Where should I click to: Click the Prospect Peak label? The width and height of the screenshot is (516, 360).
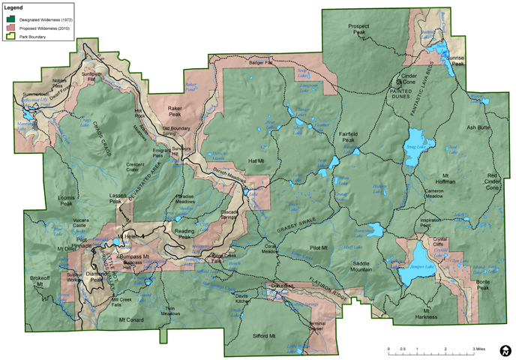(x=359, y=29)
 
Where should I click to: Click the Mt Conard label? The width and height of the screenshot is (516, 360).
(x=130, y=319)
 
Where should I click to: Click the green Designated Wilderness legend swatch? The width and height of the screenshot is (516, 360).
(x=11, y=18)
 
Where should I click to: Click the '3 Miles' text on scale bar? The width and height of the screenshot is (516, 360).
(x=477, y=349)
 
